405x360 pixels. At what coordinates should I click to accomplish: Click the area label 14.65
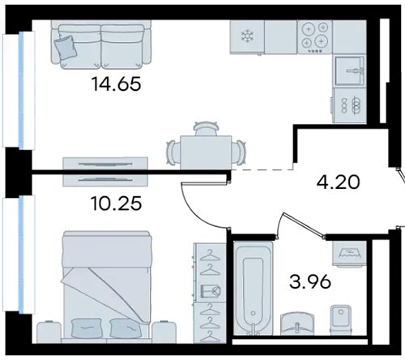[117, 84]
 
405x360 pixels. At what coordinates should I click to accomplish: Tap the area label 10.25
[117, 204]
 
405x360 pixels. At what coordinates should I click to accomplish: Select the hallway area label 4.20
[338, 182]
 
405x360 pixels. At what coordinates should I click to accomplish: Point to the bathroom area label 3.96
[310, 281]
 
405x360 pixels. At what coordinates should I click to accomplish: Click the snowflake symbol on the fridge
[246, 36]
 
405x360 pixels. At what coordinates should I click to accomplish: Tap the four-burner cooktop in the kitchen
[314, 37]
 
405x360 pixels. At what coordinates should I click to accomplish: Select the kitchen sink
[349, 71]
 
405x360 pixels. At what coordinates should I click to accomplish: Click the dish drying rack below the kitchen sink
[349, 105]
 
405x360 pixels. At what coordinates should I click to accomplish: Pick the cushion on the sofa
[65, 47]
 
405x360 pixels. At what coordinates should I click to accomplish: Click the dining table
[206, 152]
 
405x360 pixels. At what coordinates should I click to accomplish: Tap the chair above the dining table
[206, 128]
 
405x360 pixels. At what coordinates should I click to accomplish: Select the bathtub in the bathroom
[253, 289]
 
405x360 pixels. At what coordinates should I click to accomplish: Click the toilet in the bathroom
[341, 319]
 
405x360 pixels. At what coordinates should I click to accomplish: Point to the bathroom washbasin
[297, 324]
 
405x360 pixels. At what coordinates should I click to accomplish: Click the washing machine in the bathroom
[349, 254]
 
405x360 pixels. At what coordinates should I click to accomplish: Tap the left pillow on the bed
[87, 328]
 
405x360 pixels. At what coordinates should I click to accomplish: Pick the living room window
[19, 90]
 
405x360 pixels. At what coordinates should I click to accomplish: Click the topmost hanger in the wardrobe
[210, 255]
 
